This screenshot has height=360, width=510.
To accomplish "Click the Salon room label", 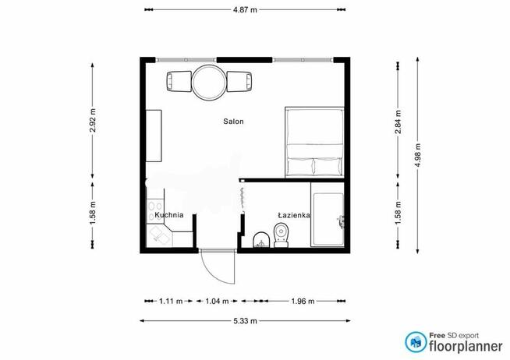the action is pos(233,122).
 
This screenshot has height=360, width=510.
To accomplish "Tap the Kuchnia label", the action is pos(169,215).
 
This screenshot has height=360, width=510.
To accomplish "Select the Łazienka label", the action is pos(294,215).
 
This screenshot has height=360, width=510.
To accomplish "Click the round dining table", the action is pos(209,82).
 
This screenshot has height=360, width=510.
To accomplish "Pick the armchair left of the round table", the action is pos(179,81).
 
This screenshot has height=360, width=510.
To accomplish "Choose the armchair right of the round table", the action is pos(239,81).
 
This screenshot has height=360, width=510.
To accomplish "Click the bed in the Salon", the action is pos(314,143).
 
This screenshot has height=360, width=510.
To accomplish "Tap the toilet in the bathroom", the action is pos(281,235).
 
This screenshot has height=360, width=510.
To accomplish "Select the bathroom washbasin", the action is pos(261,240).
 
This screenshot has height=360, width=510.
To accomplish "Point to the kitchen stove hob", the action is pos(155,210).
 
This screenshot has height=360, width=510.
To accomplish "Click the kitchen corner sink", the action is pos(159,235).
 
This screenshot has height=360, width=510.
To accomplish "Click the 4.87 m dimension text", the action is pos(245,10).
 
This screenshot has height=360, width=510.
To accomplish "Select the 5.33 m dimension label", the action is pos(245,321).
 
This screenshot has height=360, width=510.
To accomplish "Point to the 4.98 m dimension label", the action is pos(418,155).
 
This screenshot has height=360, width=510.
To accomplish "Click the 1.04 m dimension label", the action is pos(217,302).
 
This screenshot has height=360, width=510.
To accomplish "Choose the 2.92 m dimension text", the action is pos(93,121).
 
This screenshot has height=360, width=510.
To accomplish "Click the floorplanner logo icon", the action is pos(416,342).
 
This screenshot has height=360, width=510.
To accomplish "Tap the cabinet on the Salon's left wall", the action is pos(154,136).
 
